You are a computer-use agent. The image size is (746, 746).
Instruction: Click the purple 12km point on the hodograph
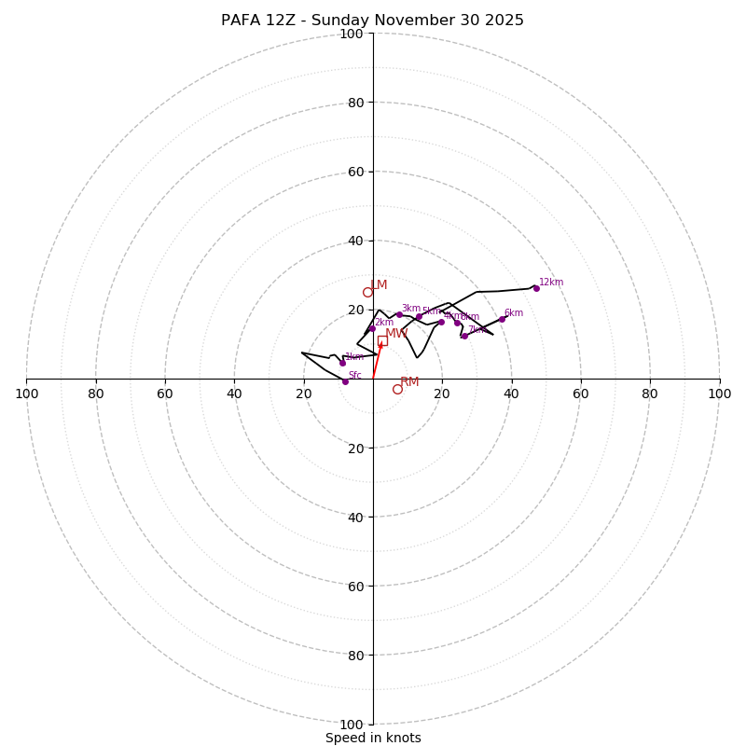[536, 288]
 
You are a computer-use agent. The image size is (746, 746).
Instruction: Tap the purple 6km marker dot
[502, 319]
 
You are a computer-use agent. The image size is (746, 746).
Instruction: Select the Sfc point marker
[345, 381]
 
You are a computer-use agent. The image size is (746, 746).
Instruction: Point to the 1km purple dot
[342, 364]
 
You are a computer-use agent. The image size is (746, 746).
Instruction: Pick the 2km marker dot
[371, 328]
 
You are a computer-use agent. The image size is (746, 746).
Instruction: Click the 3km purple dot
[399, 314]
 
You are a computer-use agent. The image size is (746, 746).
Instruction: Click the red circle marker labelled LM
[367, 292]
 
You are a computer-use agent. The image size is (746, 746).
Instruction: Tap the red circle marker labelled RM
[397, 389]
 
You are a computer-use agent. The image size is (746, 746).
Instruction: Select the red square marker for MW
[382, 341]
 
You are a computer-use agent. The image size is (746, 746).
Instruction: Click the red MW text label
[396, 333]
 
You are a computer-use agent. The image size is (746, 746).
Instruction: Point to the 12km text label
[551, 283]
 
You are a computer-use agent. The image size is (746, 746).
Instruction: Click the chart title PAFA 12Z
[372, 21]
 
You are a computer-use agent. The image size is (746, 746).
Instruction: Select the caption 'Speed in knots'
[373, 738]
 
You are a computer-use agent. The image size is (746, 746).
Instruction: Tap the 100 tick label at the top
[352, 34]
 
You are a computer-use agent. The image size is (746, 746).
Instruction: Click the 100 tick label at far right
[719, 394]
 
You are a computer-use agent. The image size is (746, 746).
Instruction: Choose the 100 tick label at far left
[26, 394]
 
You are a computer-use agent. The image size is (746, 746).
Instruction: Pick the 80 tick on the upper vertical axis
[355, 103]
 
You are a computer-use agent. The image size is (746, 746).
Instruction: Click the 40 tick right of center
[511, 394]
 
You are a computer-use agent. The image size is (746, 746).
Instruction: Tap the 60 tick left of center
[165, 394]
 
